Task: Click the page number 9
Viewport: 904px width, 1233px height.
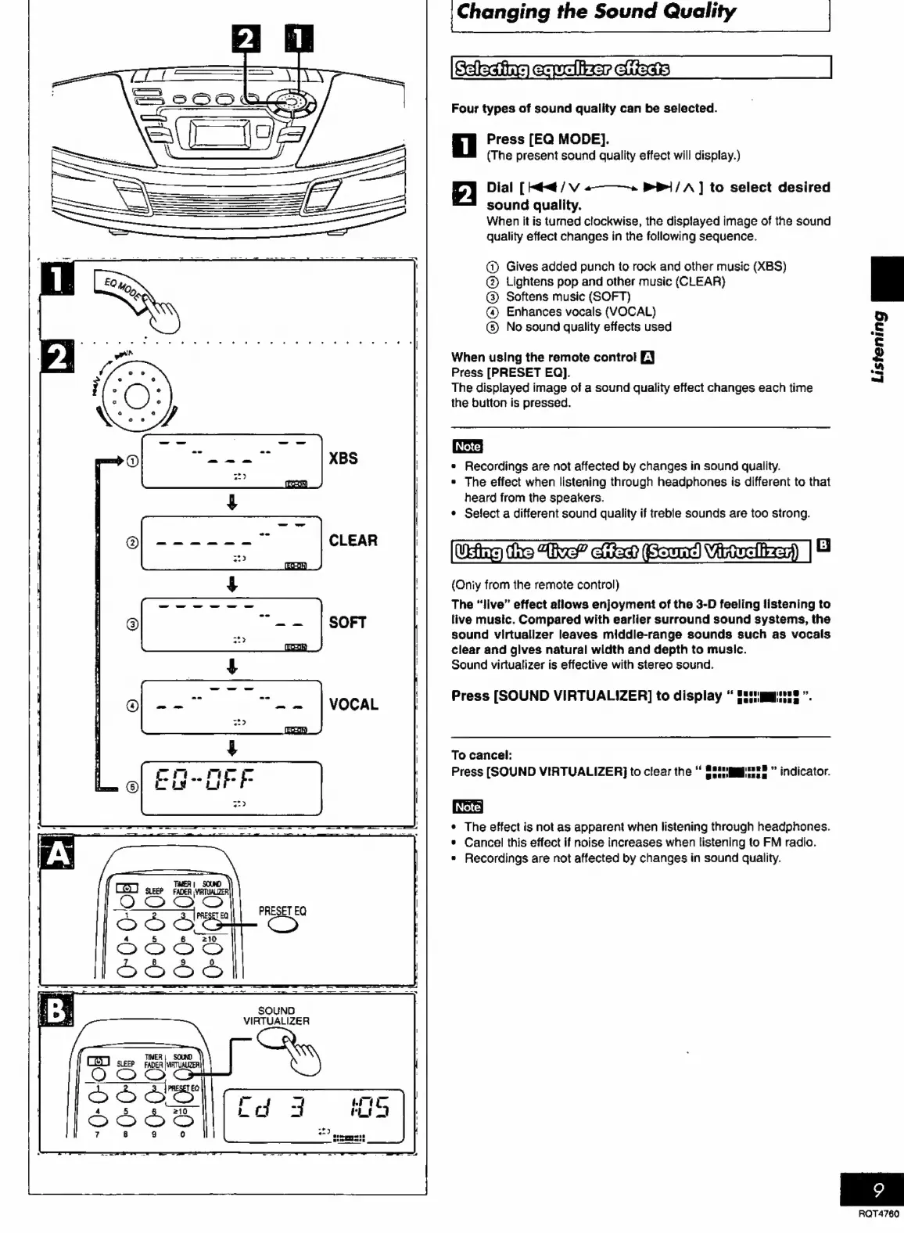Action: (x=878, y=1191)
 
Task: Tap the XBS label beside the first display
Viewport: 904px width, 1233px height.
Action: (x=343, y=458)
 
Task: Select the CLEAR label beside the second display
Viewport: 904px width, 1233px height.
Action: (x=353, y=541)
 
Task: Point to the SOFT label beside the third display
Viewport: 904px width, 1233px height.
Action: (x=347, y=623)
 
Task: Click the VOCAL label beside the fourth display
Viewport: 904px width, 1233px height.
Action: (x=353, y=704)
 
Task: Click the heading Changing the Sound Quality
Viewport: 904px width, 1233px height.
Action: (x=596, y=12)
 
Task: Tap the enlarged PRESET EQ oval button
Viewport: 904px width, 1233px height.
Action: (x=282, y=926)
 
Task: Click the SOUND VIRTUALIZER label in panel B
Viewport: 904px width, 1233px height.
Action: (x=276, y=1016)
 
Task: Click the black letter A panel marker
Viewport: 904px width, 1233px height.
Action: (x=57, y=854)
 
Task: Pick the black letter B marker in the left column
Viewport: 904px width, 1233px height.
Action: (x=56, y=1011)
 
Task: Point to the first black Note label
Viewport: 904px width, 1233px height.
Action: (x=468, y=447)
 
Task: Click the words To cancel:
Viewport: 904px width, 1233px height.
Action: (x=482, y=755)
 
